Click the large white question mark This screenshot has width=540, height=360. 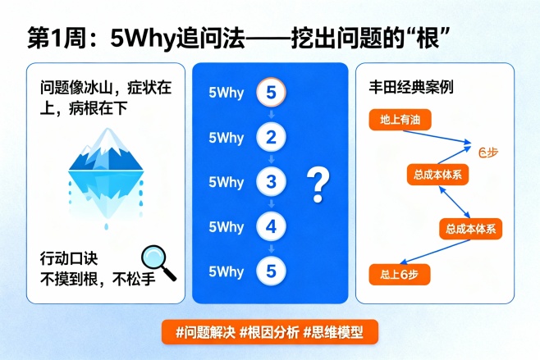315,185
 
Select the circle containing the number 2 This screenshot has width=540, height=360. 272,137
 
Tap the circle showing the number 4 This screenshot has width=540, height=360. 272,226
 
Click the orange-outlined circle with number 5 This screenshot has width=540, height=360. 272,92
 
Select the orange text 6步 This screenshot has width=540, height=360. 487,151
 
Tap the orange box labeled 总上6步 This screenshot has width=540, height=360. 400,273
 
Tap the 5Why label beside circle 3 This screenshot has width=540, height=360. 227,182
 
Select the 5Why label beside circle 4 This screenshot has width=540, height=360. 227,226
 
